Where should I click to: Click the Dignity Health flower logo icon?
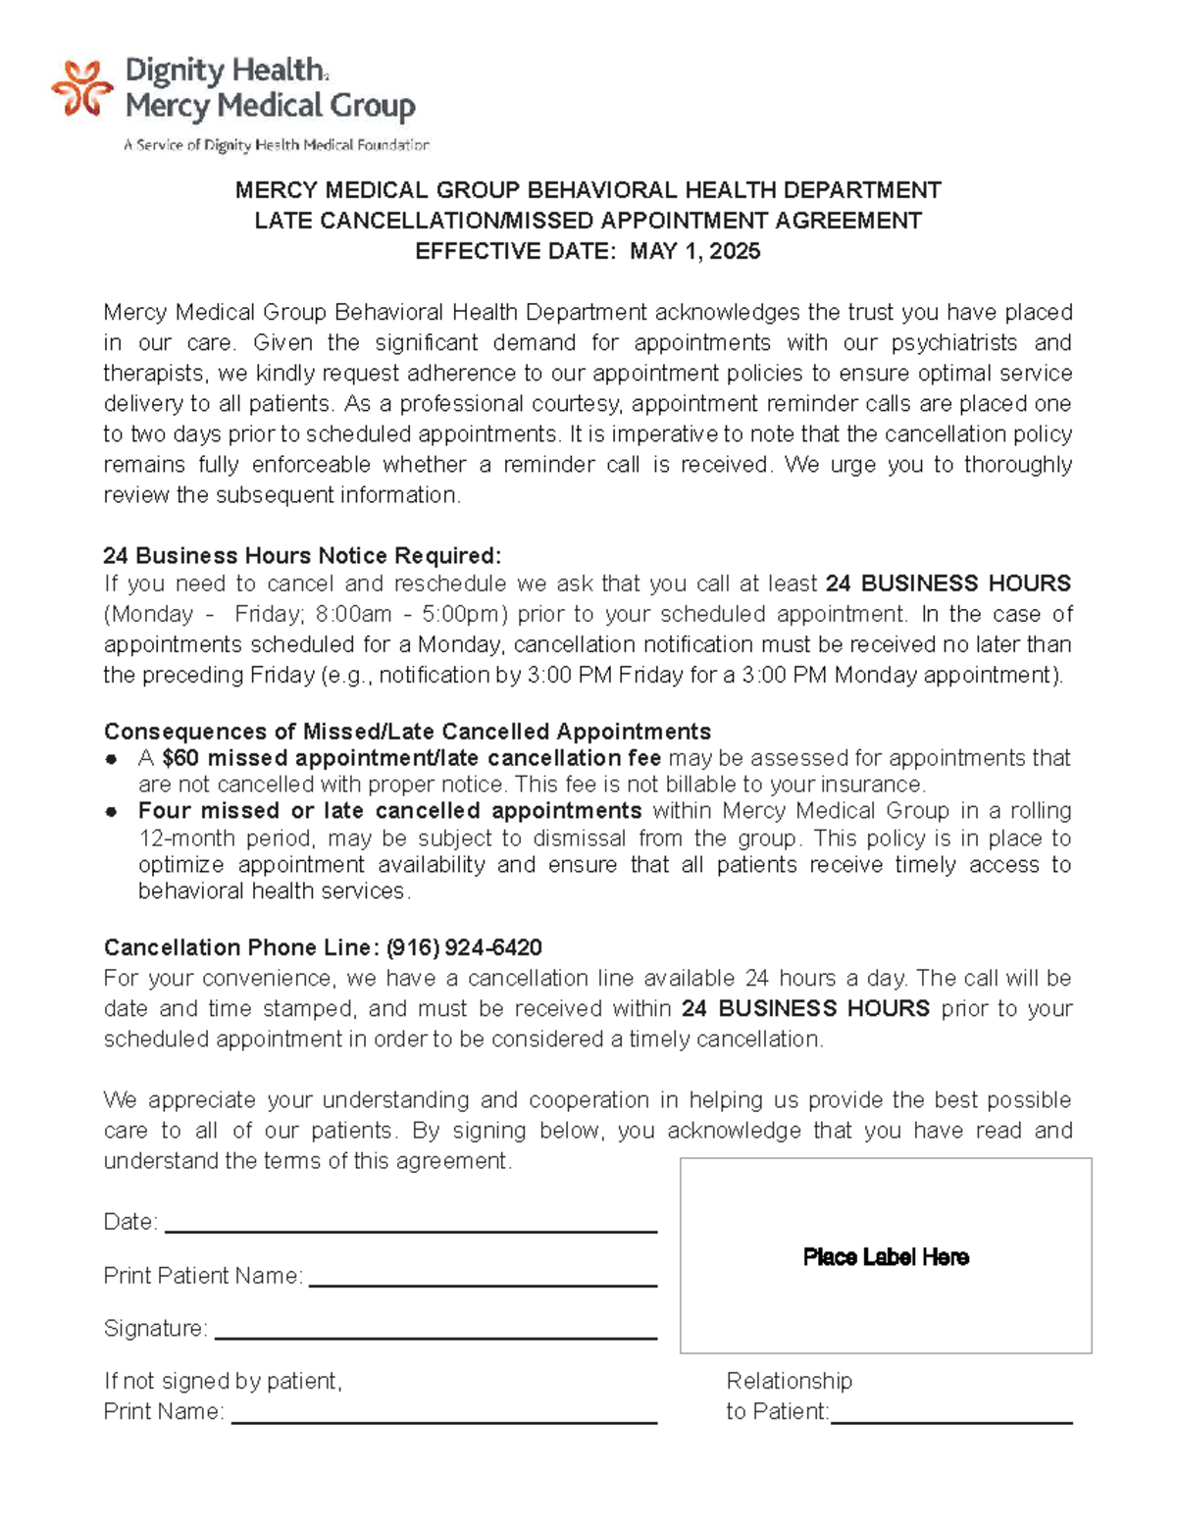tap(81, 89)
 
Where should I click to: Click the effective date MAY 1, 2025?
tap(694, 251)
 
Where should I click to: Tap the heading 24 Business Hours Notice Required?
tap(302, 555)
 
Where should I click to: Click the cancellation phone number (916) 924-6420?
tap(464, 947)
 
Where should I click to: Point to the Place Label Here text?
tap(886, 1257)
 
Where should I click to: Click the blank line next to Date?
tap(411, 1230)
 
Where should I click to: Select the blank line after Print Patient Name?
tap(483, 1284)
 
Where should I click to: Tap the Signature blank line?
tap(435, 1337)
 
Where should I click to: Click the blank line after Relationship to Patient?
tap(951, 1421)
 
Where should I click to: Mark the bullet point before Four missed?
tap(113, 812)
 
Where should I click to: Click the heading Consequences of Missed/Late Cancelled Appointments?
tap(407, 732)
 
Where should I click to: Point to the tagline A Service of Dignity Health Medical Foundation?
tap(277, 145)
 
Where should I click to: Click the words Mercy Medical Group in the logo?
tap(271, 106)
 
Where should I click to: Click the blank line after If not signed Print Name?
tap(443, 1421)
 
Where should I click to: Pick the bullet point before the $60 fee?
tap(113, 759)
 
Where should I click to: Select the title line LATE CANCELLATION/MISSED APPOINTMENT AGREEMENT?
tap(588, 221)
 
